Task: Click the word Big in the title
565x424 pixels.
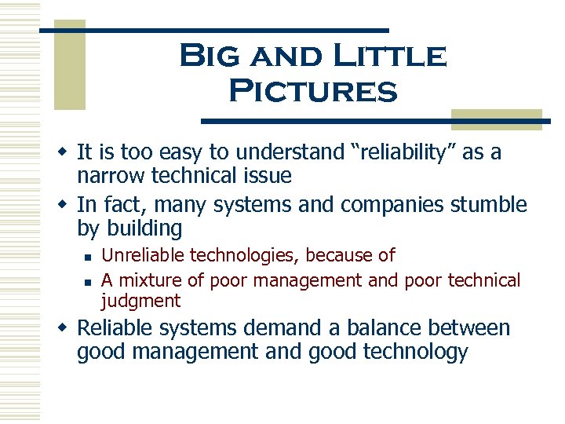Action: click(206, 57)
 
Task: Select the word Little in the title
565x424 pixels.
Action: click(389, 57)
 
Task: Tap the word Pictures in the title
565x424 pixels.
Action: click(312, 91)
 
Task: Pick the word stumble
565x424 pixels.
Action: click(489, 205)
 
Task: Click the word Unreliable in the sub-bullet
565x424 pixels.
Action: click(141, 255)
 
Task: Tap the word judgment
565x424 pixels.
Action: click(140, 301)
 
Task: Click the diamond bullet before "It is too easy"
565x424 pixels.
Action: click(65, 152)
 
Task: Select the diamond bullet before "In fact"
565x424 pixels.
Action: click(65, 205)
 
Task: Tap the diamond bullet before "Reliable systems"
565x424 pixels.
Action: click(65, 327)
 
